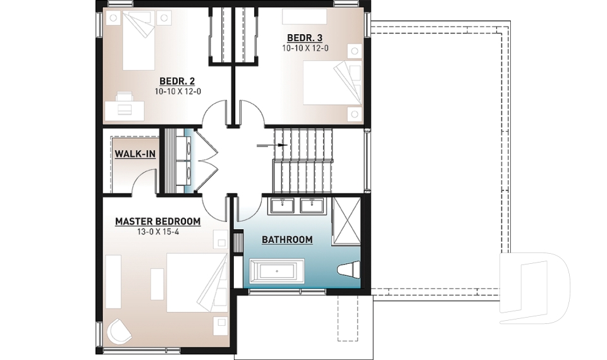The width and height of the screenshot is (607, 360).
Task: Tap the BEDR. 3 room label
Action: tap(305, 37)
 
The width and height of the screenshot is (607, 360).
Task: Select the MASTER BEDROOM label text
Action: tap(157, 221)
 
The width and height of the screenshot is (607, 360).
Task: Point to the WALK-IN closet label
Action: tap(135, 154)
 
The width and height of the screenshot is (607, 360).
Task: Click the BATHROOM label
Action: tap(287, 240)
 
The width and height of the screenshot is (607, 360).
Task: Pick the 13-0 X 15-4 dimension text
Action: tap(157, 232)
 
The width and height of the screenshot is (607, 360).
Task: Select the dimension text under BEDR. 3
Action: tap(305, 48)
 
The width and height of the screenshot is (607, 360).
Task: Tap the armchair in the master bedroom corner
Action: tap(119, 332)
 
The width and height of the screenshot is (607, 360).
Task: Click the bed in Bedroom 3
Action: tap(332, 82)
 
